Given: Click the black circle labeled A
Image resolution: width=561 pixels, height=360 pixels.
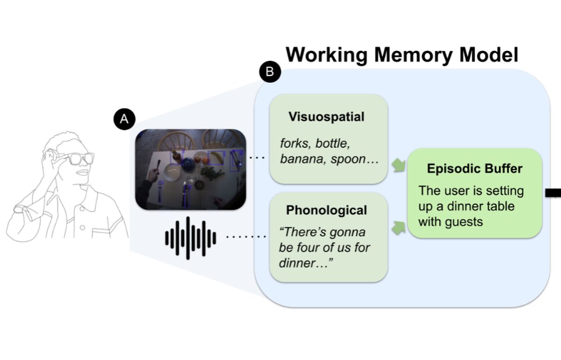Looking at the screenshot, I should coord(124,119).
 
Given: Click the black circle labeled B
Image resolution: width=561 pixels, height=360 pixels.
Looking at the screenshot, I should coord(270,72).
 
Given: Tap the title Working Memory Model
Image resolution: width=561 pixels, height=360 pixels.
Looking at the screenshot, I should coord(402,55).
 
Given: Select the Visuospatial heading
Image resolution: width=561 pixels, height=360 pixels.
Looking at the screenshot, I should coord(326,116).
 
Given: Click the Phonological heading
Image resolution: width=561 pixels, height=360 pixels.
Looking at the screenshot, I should coord(326,210).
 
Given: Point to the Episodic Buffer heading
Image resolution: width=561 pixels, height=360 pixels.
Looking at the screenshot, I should coord(475,169).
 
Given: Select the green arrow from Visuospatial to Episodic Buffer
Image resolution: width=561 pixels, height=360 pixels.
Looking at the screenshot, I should coord(399,165).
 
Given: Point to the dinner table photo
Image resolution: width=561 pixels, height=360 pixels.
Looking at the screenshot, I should coord(190,169).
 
